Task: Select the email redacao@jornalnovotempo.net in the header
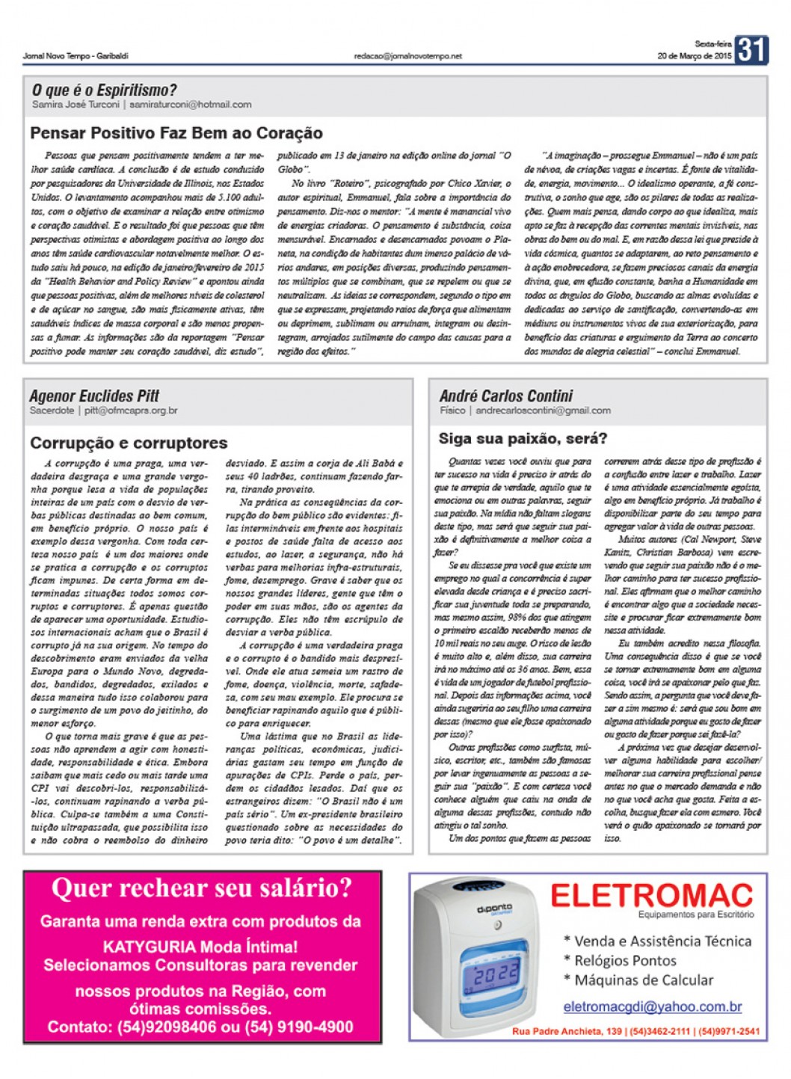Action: [x=407, y=56]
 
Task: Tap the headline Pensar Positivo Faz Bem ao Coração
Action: [x=176, y=134]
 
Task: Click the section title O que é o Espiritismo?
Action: [x=104, y=90]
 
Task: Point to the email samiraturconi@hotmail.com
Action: [x=191, y=105]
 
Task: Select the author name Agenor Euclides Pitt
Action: [x=94, y=396]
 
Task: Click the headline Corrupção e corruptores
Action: [x=129, y=443]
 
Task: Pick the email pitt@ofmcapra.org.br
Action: [x=131, y=411]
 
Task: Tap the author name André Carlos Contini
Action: [x=506, y=396]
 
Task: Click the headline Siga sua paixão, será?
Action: [x=523, y=438]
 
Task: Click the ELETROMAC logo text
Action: [x=651, y=894]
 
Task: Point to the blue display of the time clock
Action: [x=496, y=973]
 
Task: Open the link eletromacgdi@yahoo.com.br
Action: [x=653, y=1006]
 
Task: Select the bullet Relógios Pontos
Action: [x=624, y=960]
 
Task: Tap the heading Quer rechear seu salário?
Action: [x=202, y=888]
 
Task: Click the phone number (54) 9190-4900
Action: [x=298, y=1027]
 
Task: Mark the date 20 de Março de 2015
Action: [x=694, y=56]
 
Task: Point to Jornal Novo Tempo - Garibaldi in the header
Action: [x=76, y=56]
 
